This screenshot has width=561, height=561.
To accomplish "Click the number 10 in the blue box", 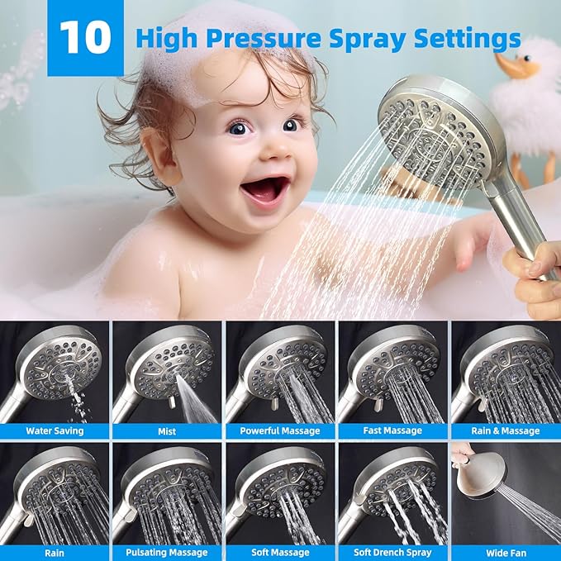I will click(x=85, y=38).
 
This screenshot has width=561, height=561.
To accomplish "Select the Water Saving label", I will click(x=55, y=430).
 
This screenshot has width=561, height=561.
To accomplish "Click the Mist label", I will click(x=167, y=430).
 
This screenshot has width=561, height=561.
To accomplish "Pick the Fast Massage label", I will click(x=392, y=430).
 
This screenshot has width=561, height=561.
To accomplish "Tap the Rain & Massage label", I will click(x=505, y=430).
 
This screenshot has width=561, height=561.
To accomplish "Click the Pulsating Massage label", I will click(x=167, y=552).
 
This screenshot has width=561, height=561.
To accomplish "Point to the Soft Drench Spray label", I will click(x=392, y=552).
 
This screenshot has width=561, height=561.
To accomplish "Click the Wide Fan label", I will click(x=505, y=552).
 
